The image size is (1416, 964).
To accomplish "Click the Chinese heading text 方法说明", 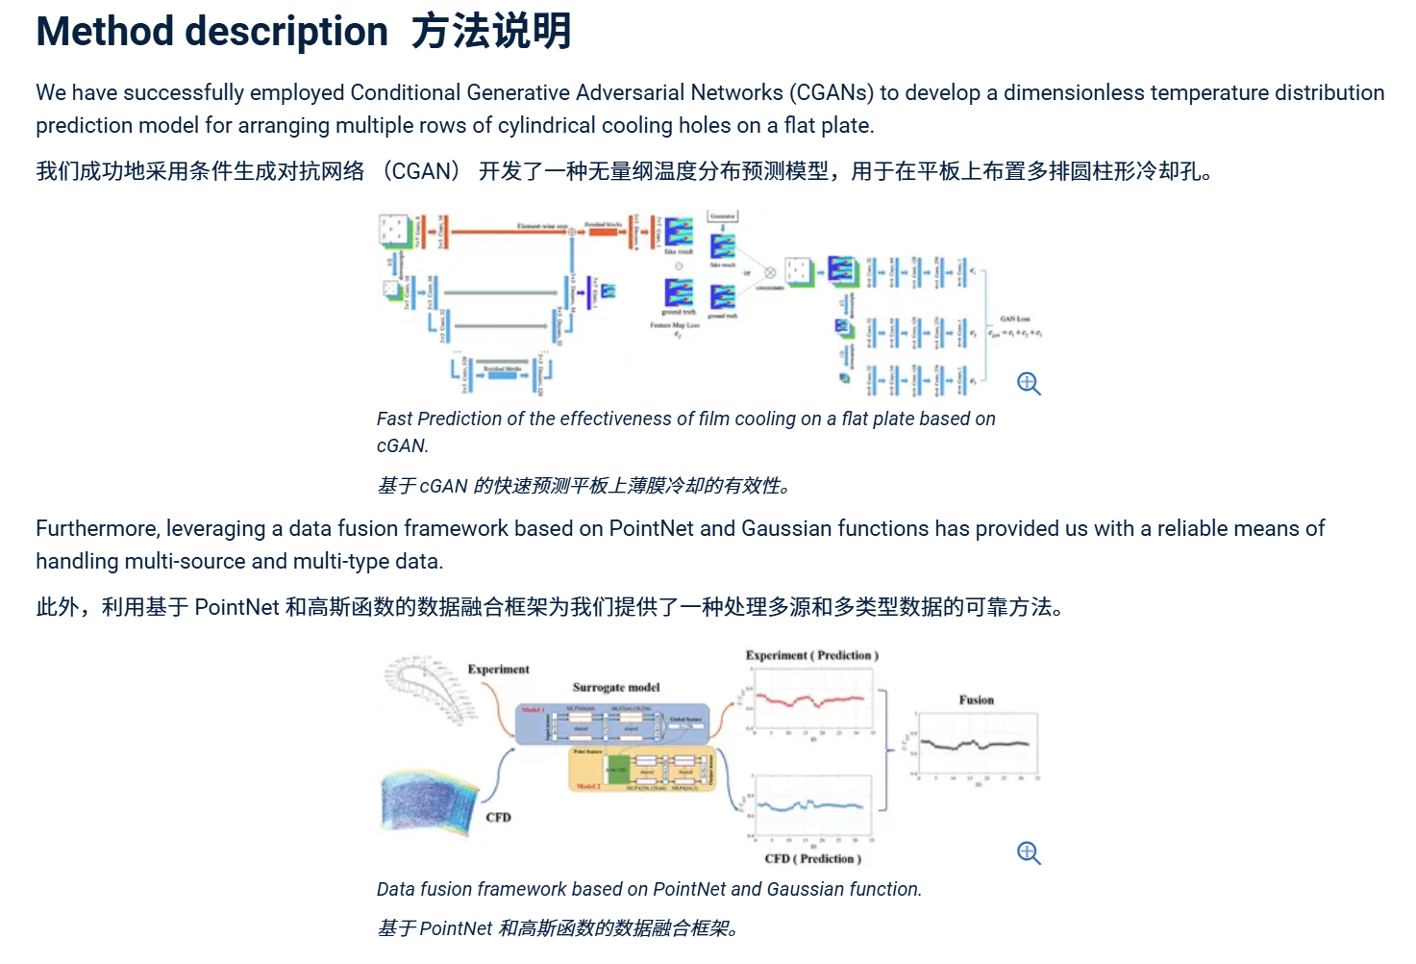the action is [491, 32].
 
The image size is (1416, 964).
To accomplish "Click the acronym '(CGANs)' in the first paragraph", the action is [832, 92].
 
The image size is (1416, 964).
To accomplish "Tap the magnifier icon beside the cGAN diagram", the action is [1029, 384].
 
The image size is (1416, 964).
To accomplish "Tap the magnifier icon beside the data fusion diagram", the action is [1029, 853].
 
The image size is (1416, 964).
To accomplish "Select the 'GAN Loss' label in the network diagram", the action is [1015, 318].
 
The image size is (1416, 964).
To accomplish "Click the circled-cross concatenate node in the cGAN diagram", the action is [770, 272].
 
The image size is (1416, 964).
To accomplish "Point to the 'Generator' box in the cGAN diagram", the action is [723, 216].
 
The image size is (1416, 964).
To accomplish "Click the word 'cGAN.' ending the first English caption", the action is [402, 445].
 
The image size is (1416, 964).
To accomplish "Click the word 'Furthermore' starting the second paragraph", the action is [97, 528].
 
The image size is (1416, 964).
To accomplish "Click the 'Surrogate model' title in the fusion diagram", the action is [616, 687].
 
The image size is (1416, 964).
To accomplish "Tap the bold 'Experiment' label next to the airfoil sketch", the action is [498, 669].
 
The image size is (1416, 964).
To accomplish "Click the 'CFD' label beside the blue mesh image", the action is [498, 817].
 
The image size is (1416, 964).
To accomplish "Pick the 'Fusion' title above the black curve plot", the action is [976, 699].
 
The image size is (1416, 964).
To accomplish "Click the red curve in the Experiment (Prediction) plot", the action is [809, 699].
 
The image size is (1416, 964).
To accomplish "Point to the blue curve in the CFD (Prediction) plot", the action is [809, 806].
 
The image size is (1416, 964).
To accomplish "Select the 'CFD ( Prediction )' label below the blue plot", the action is [812, 858].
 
